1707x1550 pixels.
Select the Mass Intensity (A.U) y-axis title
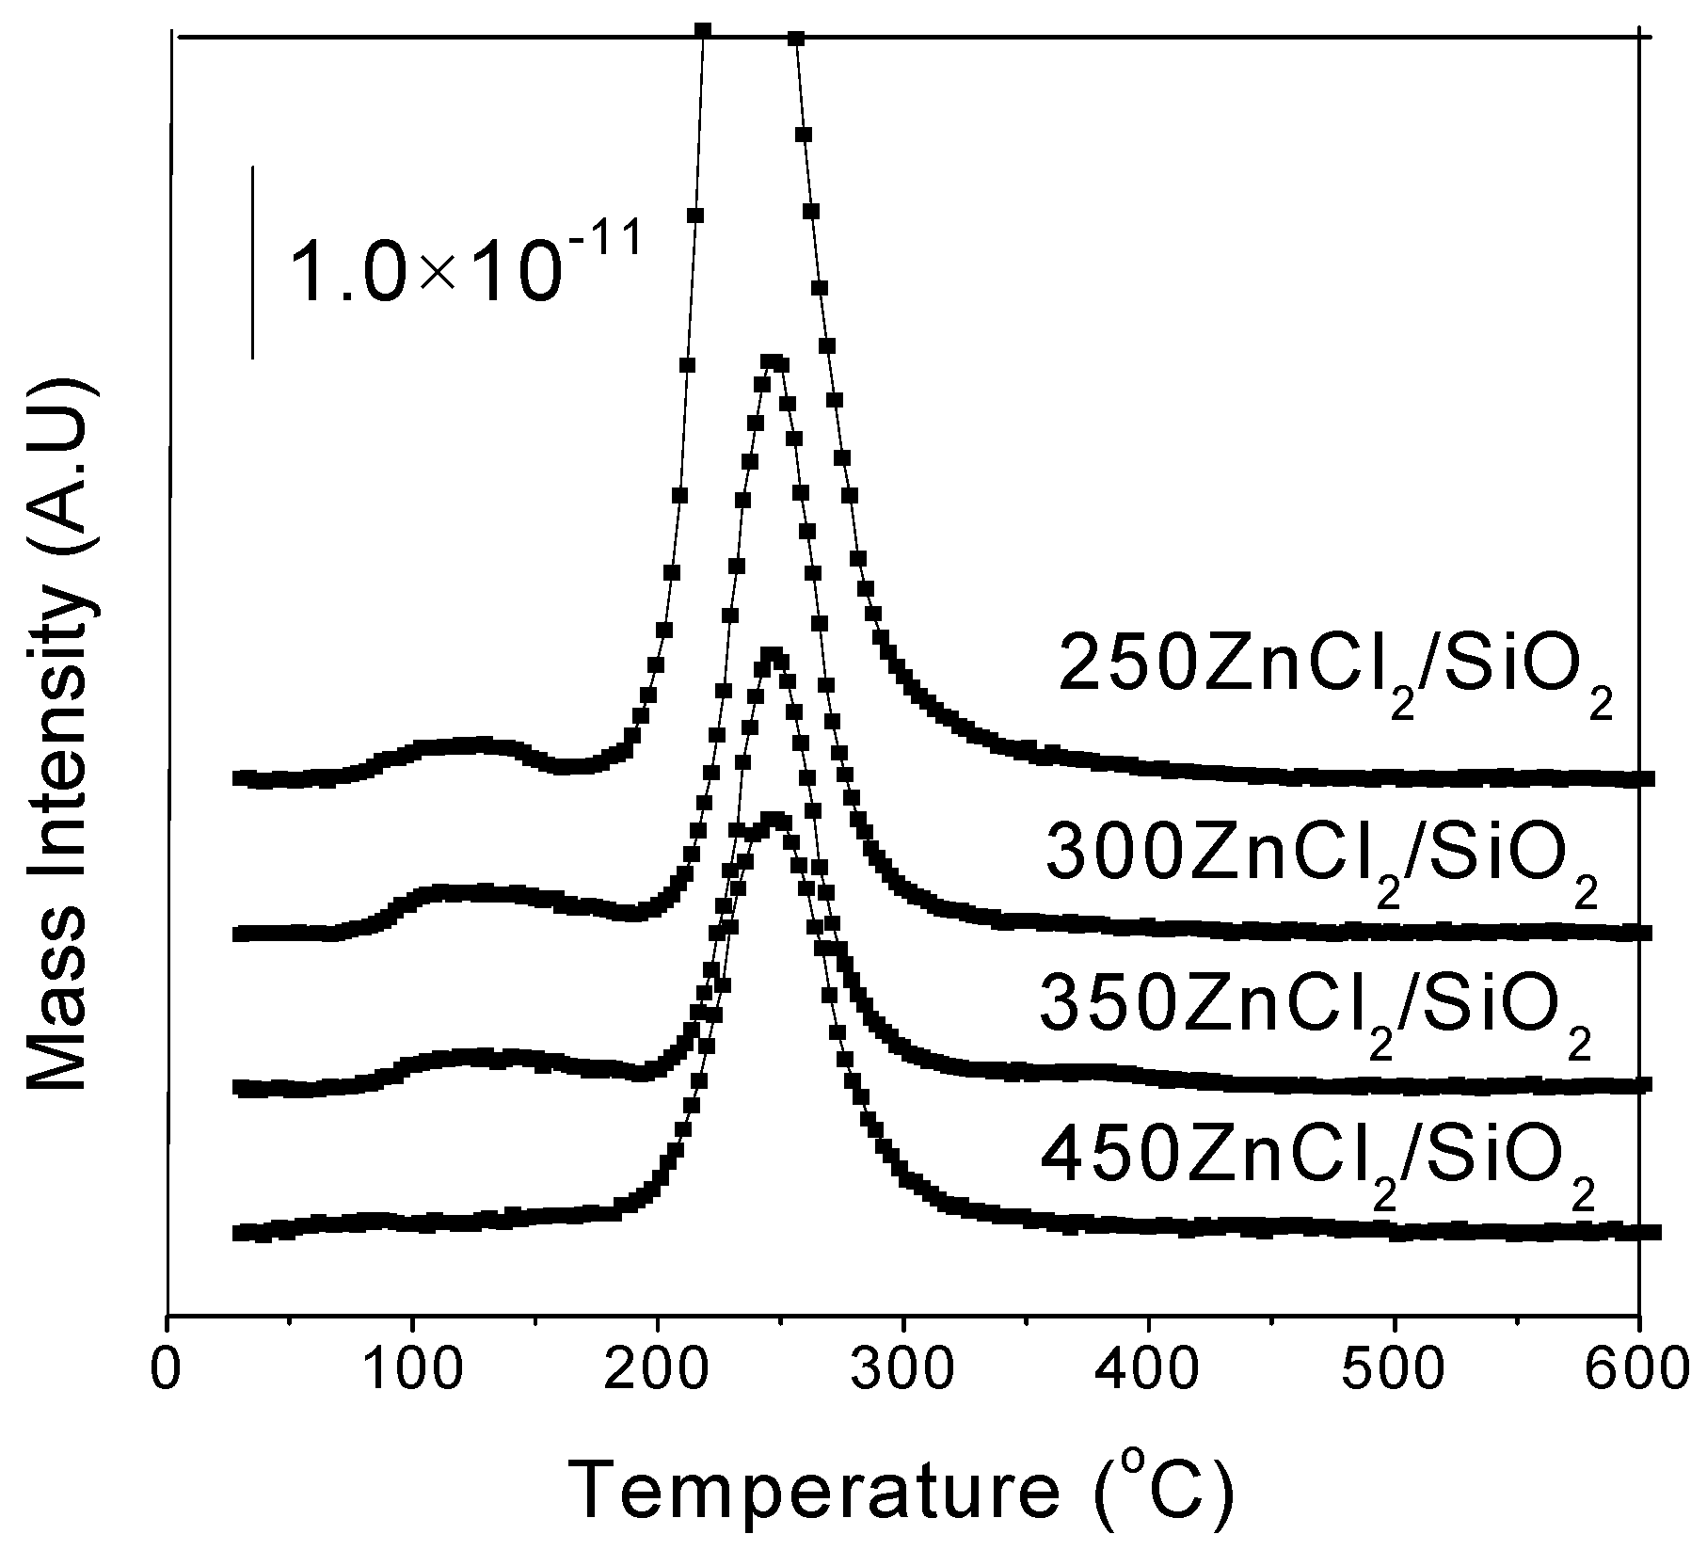(58, 733)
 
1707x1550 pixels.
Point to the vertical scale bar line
(253, 263)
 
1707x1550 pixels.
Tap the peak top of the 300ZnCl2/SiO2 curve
(772, 362)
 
